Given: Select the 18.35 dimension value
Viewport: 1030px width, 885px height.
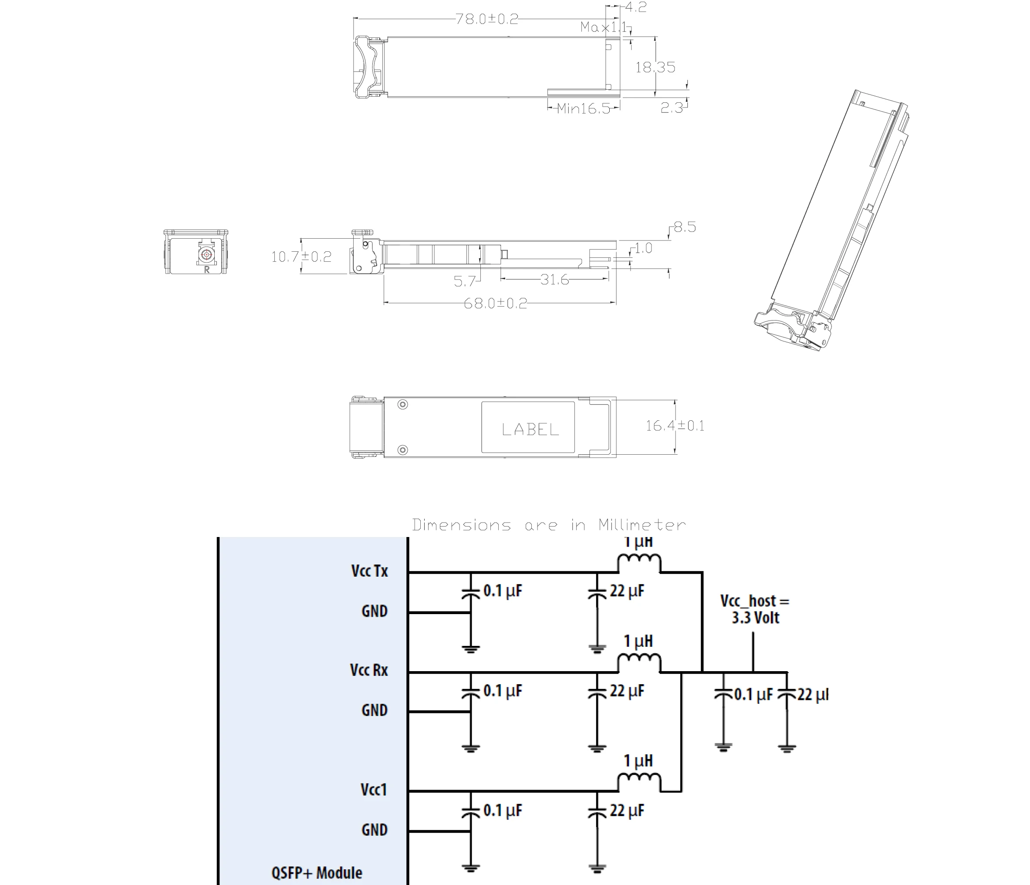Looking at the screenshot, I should [x=655, y=67].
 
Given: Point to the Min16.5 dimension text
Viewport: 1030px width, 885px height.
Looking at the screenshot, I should [x=583, y=108].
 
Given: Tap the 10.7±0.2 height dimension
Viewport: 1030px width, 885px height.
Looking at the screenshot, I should [x=301, y=257].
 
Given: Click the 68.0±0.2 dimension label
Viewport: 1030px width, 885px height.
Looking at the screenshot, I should [x=495, y=303].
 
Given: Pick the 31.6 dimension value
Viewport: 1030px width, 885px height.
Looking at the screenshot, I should [x=554, y=280].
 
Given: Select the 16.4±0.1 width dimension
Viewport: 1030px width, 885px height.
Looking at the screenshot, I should [x=675, y=426].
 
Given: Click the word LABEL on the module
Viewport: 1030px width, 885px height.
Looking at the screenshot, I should [x=530, y=429].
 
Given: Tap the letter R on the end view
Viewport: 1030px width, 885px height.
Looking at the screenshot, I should [x=206, y=270].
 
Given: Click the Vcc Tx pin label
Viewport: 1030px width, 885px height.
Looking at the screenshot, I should [x=369, y=571].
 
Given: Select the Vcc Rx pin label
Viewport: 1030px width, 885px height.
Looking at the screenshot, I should [x=369, y=670].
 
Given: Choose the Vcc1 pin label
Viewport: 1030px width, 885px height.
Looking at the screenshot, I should [x=373, y=790].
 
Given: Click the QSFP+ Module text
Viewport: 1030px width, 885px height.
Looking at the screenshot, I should [x=317, y=872].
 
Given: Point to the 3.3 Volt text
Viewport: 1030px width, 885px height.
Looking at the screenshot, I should [x=755, y=618].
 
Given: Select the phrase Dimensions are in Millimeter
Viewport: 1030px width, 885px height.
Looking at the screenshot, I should [x=549, y=525].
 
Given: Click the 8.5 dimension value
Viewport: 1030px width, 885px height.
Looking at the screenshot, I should [x=685, y=228].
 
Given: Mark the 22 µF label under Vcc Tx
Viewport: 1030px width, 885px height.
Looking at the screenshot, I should [x=627, y=591].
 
